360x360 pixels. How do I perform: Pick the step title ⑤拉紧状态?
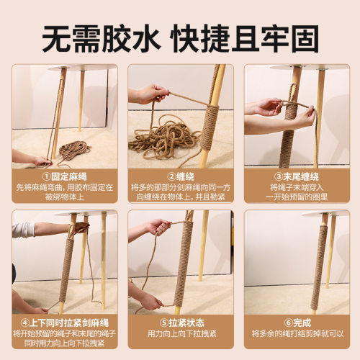(x=180, y=323)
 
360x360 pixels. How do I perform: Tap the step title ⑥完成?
(x=296, y=323)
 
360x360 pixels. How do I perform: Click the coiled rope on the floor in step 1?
(x=72, y=150)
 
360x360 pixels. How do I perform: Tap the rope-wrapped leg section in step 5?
(x=184, y=259)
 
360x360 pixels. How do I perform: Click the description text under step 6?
(x=296, y=334)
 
